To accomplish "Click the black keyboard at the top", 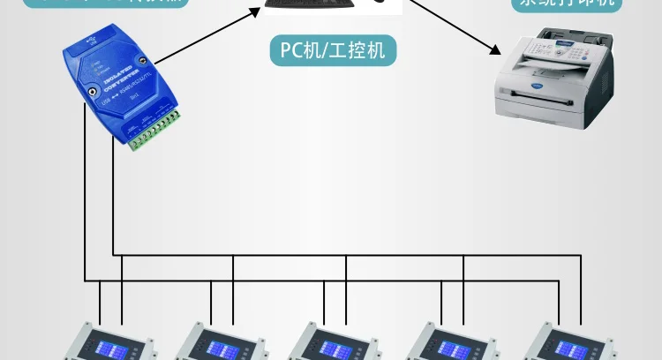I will (310, 4).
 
